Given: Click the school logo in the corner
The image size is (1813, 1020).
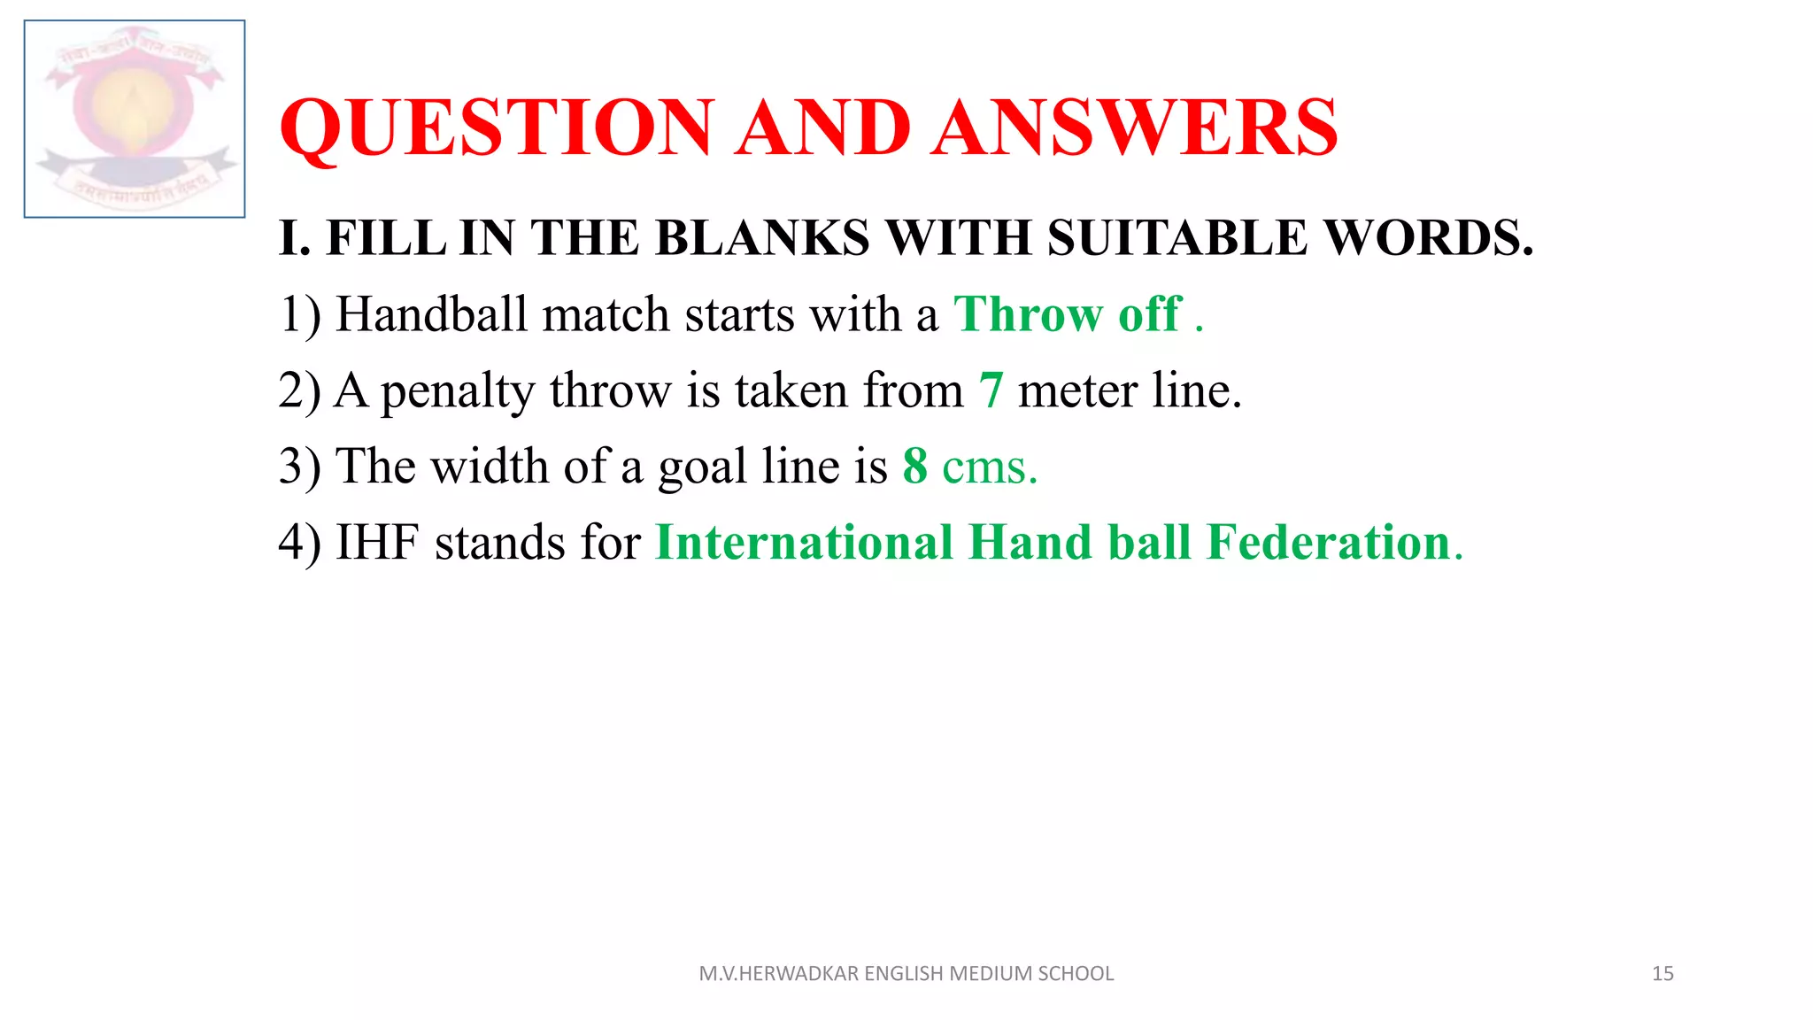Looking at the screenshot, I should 135,119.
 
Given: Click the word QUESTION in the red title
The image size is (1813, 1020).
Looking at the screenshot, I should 497,127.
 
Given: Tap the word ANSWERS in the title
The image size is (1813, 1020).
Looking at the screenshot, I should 1135,127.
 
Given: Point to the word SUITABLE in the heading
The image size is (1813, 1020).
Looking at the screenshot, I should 1177,238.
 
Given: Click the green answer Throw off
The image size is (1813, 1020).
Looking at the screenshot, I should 1068,314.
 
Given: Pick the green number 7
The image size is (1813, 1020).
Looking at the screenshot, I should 991,390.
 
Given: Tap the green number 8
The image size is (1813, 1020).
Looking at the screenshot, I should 915,467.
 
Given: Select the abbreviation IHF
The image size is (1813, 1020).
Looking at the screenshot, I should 377,543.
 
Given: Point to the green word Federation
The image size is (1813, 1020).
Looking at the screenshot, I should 1328,543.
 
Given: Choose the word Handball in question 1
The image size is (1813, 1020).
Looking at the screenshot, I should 432,314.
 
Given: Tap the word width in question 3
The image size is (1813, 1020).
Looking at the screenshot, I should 490,467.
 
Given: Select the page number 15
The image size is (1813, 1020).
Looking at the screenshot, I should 1663,974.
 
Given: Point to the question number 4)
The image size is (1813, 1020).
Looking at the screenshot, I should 299,543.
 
